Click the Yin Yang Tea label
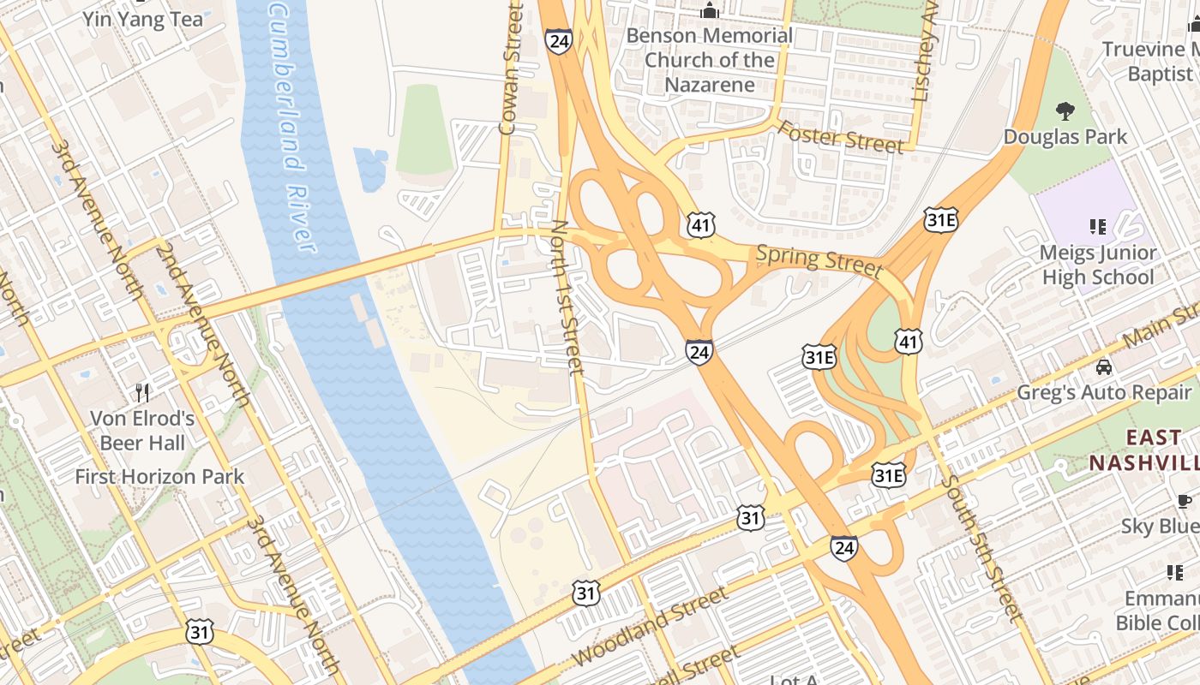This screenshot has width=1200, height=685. (143, 19)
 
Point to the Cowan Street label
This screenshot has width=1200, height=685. (511, 68)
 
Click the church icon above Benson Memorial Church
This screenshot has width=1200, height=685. (709, 11)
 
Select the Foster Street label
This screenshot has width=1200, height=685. (840, 137)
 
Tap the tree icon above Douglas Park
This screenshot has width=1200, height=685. (1065, 110)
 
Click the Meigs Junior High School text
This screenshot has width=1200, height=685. (1098, 265)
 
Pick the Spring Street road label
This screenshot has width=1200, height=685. (819, 261)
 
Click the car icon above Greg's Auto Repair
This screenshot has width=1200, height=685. (1104, 367)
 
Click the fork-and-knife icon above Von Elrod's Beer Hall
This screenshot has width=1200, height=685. (143, 393)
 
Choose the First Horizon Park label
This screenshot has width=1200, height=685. (159, 476)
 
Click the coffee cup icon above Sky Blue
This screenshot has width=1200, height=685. (1185, 501)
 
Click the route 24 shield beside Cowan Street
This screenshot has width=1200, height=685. (558, 40)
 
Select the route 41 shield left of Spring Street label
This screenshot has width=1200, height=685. (700, 225)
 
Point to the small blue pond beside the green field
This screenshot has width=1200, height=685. (370, 170)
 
